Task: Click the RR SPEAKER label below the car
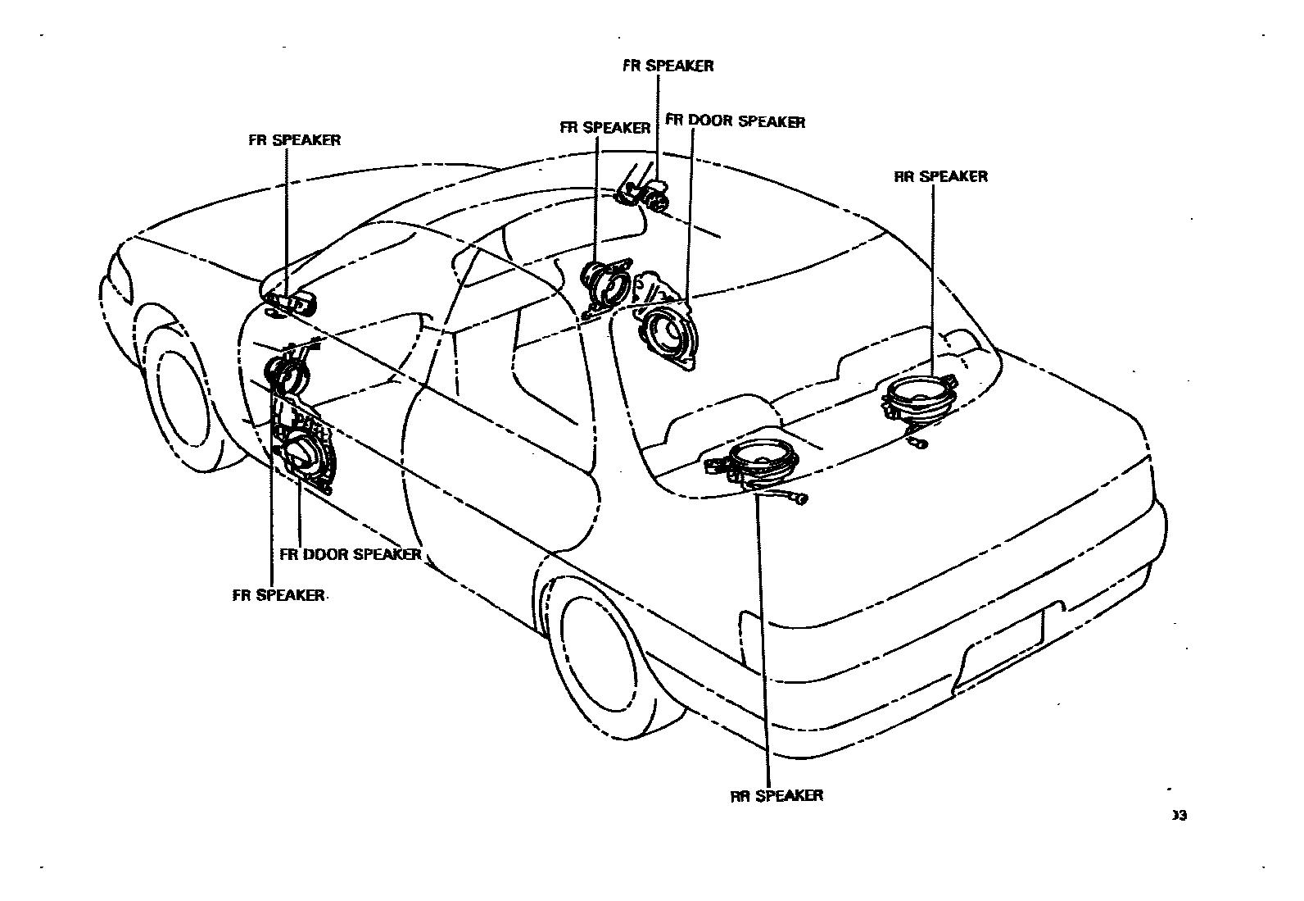[x=777, y=795]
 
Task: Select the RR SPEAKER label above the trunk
[x=940, y=176]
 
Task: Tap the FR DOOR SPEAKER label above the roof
[x=735, y=122]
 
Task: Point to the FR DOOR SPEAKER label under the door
[x=351, y=554]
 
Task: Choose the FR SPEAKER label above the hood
[x=294, y=140]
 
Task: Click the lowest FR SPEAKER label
[x=278, y=595]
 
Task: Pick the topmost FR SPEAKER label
[x=668, y=66]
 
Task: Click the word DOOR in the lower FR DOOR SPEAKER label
[x=328, y=554]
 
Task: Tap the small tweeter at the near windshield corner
[x=291, y=303]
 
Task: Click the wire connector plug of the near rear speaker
[x=801, y=498]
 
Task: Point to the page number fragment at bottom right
[x=1179, y=815]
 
